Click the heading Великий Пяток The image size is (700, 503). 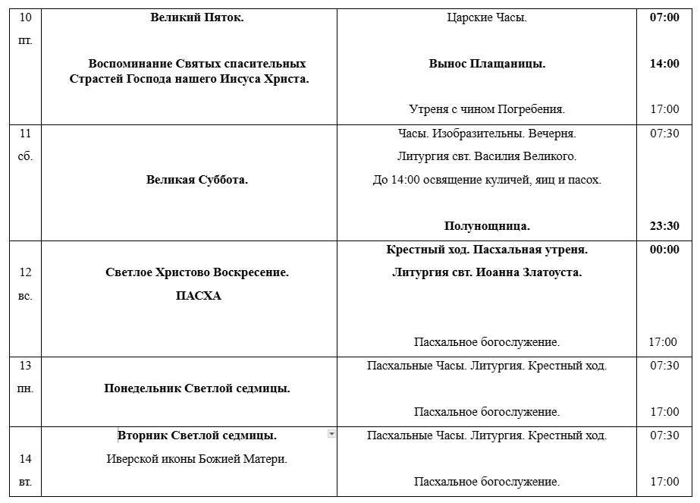(197, 17)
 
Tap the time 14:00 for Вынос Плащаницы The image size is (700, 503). (664, 64)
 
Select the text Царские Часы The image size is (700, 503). (487, 17)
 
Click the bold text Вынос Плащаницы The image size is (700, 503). (487, 64)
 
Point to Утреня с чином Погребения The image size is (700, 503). (487, 109)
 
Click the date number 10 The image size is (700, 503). (25, 17)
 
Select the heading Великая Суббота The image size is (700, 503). (197, 180)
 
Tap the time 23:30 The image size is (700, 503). (664, 226)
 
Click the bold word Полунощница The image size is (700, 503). (487, 226)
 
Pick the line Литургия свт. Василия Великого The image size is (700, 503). (487, 157)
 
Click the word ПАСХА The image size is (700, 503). (197, 296)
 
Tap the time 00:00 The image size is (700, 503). (664, 249)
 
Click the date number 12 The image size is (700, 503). (25, 272)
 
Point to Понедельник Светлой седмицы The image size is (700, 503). (197, 388)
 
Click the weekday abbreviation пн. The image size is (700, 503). (25, 388)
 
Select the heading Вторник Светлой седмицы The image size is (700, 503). (197, 435)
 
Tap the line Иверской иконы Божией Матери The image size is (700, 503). (197, 458)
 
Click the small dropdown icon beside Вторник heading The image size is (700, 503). (331, 433)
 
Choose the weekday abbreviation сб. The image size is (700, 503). (25, 157)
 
